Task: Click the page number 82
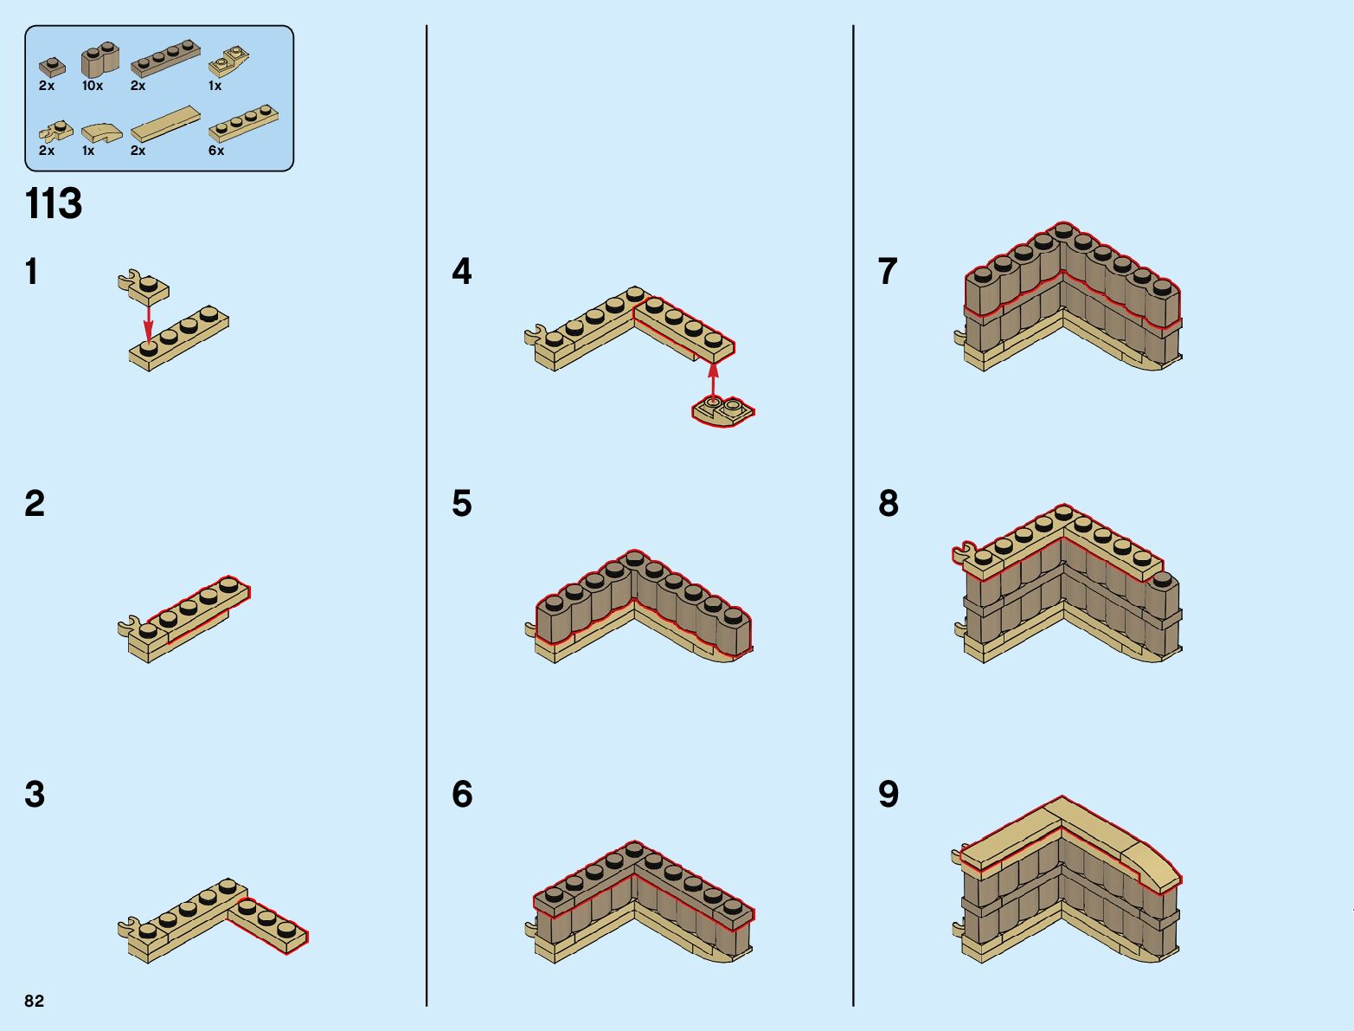tap(34, 1001)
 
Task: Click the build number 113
tap(54, 204)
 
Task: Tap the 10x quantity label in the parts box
tap(93, 86)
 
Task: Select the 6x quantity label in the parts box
tap(216, 151)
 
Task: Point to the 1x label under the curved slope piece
tap(88, 151)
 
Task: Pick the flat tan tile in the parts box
tap(164, 124)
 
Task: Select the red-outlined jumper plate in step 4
tap(723, 411)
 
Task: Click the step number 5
tap(462, 504)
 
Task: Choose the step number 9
tap(889, 795)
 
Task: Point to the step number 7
tap(888, 272)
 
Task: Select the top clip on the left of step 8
tap(964, 551)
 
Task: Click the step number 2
tap(35, 504)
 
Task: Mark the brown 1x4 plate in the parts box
tap(165, 60)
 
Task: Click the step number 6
tap(462, 795)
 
